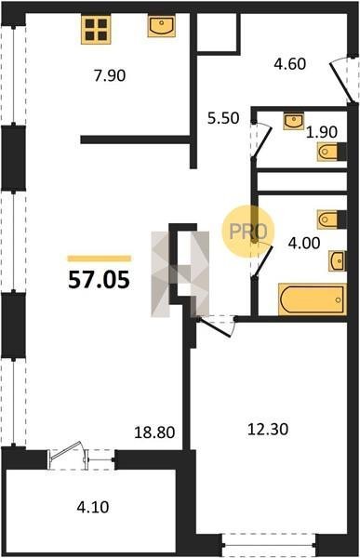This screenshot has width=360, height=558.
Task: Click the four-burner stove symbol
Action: tap(96, 30)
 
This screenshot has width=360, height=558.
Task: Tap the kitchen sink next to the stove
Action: tap(162, 26)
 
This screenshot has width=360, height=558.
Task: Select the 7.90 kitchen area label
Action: tap(110, 76)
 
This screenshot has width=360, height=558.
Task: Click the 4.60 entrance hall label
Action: tap(290, 64)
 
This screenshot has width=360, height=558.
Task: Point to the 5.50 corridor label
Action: tap(223, 118)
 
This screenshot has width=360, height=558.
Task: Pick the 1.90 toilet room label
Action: tap(322, 132)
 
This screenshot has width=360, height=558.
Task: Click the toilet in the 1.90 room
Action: tap(331, 152)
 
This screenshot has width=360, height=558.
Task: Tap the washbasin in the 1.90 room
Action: tap(294, 121)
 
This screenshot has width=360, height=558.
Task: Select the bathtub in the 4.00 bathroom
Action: tap(313, 299)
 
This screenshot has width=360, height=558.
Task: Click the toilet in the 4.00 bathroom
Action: tap(331, 219)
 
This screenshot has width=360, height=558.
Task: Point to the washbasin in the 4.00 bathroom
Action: tap(338, 260)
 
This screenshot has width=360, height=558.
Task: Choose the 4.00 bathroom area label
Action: tap(304, 244)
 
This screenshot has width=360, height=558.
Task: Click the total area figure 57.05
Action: tap(99, 280)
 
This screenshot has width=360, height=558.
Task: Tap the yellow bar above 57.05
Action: tap(100, 259)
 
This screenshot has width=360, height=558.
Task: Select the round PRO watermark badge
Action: tap(248, 232)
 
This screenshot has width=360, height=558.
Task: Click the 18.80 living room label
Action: tap(154, 432)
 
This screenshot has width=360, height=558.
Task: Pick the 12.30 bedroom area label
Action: tap(268, 429)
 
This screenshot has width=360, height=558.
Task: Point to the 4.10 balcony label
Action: tap(93, 507)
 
